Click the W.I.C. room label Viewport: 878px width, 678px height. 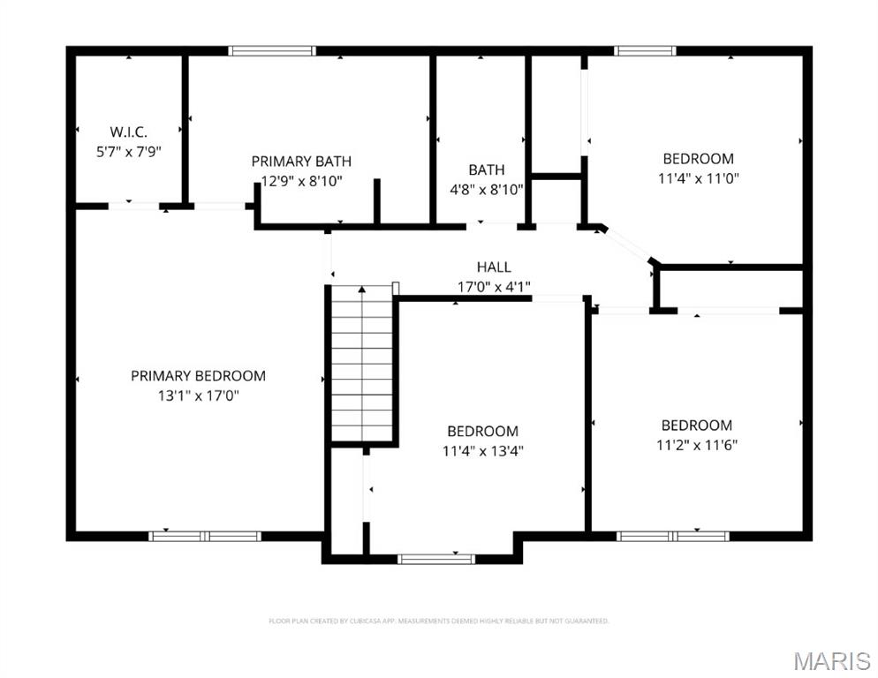point(128,132)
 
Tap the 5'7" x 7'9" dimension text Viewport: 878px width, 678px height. point(128,152)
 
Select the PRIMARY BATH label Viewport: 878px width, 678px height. point(301,162)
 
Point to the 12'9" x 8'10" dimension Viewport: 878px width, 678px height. point(301,181)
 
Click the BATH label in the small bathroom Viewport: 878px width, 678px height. point(487,169)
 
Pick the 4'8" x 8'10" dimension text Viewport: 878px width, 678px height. point(487,189)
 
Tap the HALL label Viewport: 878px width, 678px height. point(494,267)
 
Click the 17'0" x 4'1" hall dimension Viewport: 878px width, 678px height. point(494,286)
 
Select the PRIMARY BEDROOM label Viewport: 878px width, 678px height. point(198,376)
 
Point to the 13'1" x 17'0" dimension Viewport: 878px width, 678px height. point(198,395)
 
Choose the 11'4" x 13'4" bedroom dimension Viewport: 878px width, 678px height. point(482,451)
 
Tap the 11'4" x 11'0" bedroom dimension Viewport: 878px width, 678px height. point(698,178)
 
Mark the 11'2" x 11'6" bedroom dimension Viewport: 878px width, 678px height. point(696,445)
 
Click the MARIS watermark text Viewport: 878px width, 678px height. point(831,661)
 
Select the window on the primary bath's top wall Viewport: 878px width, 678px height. point(271,51)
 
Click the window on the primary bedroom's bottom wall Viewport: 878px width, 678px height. point(205,536)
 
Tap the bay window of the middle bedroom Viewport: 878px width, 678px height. point(435,559)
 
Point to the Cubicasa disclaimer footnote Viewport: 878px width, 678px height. point(439,621)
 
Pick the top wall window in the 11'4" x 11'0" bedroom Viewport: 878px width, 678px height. point(645,51)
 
